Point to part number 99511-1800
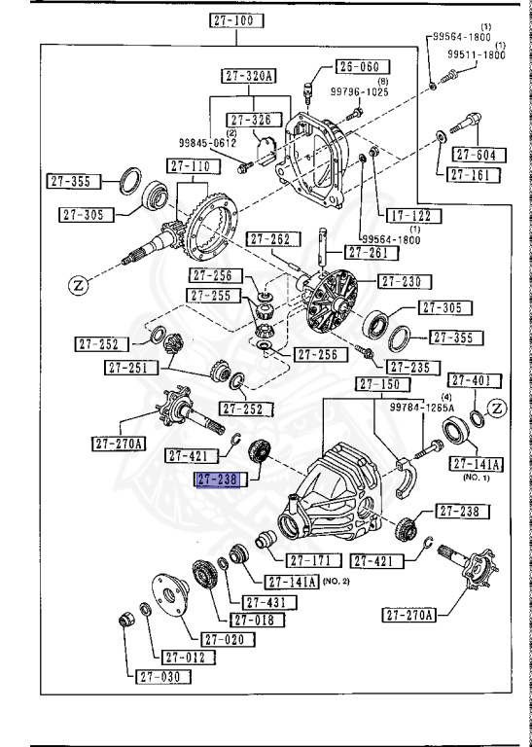pos(476,55)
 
